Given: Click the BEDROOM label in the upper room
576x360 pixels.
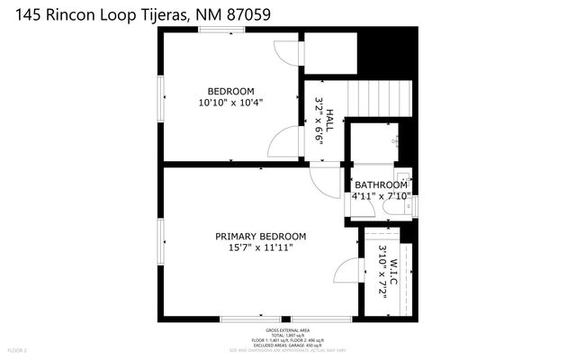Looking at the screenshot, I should click(x=230, y=91).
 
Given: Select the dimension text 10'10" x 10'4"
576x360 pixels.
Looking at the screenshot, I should click(x=230, y=103).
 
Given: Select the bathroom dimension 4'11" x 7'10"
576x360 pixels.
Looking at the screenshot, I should click(x=382, y=195).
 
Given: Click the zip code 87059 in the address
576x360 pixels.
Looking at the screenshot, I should click(x=251, y=13).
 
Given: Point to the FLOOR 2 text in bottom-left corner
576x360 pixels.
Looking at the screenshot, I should click(x=18, y=349).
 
